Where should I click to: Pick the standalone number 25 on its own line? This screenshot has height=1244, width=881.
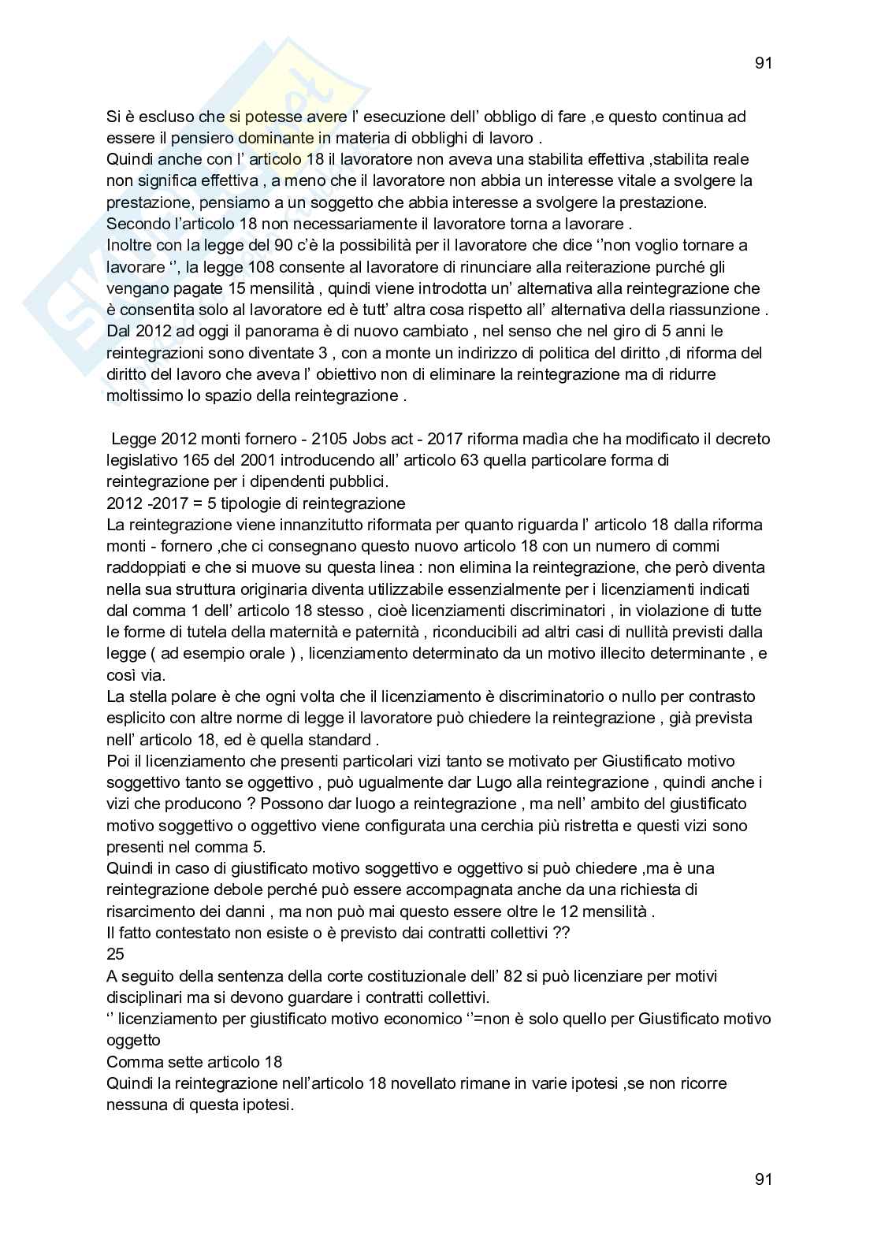tap(115, 955)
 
